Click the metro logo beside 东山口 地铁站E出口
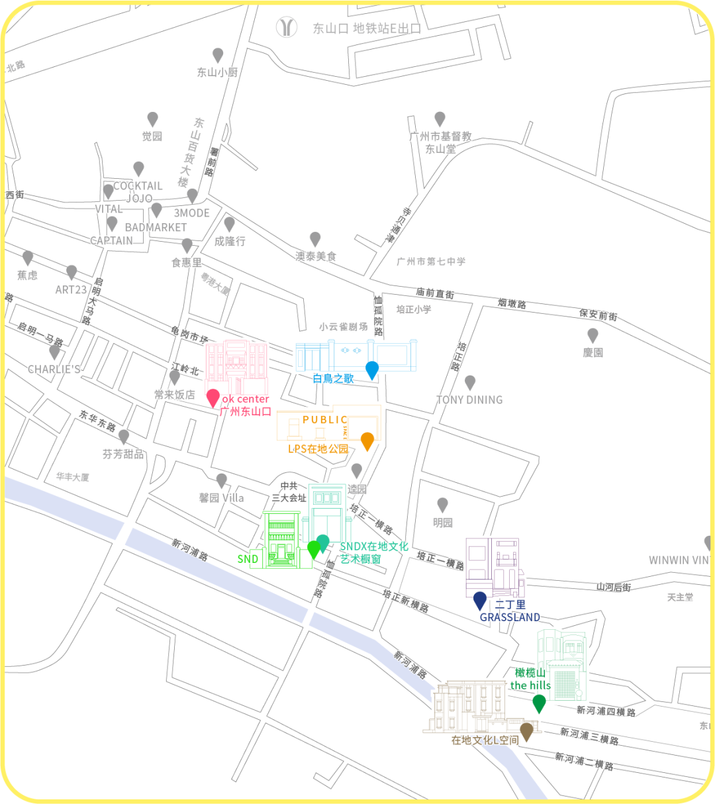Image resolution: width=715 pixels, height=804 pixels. tap(287, 27)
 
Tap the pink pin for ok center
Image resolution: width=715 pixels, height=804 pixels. tap(213, 397)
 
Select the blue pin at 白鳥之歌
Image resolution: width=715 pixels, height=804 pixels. tap(372, 370)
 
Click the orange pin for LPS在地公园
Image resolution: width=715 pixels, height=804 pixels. tap(367, 440)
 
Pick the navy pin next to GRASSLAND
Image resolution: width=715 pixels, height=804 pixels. tap(480, 600)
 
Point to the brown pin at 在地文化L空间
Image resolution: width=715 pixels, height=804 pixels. tap(526, 731)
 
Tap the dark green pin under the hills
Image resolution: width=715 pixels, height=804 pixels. tap(539, 703)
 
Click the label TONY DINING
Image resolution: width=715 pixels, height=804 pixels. tap(469, 400)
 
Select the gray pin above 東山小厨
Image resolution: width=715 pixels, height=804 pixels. tap(218, 55)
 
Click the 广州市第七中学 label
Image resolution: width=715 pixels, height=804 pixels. tap(431, 262)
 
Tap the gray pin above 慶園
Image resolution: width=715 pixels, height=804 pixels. tap(593, 334)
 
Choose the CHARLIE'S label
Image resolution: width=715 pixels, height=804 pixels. tap(54, 369)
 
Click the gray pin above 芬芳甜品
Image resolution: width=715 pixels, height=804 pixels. tap(123, 436)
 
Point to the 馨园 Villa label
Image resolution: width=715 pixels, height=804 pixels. tap(221, 498)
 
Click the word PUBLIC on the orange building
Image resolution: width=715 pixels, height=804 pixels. tap(325, 419)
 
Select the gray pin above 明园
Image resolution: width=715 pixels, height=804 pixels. tap(442, 505)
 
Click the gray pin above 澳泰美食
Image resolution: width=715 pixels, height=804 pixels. tap(315, 238)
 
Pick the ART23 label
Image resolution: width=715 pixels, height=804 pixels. tap(71, 290)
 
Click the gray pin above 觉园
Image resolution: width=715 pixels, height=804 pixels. tap(152, 119)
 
